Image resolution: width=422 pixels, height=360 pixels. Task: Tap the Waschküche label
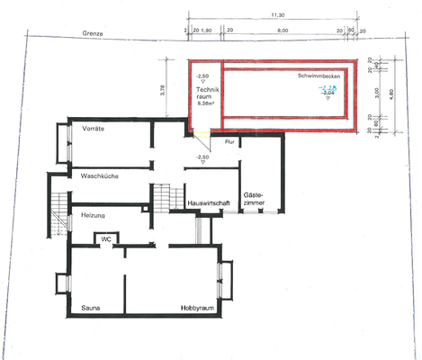coord(100,176)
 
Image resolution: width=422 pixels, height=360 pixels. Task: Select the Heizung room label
coord(94,216)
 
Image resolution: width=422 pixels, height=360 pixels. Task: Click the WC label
coord(105,239)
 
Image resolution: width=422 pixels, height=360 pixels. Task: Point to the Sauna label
coord(90,308)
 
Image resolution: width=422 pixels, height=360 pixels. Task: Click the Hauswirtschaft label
coord(209,203)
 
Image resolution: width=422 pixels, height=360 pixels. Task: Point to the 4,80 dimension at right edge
coord(391,94)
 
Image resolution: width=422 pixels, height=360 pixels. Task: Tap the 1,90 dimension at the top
coord(206,30)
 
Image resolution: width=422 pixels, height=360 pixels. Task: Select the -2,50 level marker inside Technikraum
coord(202,76)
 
